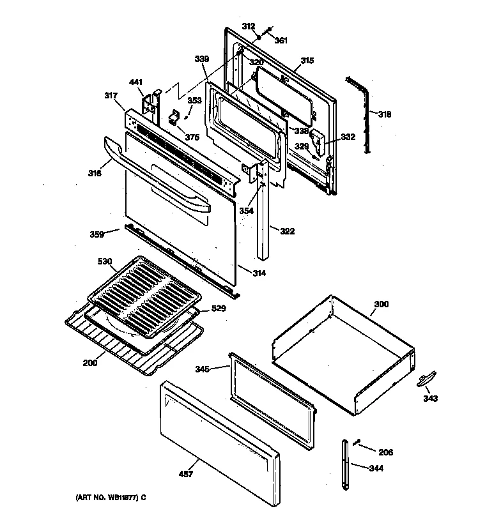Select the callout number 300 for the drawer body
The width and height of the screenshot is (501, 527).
(380, 305)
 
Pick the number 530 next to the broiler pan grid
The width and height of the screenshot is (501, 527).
(104, 262)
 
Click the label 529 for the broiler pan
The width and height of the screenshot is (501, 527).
(219, 309)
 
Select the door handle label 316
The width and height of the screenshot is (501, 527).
(94, 173)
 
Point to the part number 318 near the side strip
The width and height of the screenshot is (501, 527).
(384, 115)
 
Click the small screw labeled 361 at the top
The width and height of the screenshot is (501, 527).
(269, 29)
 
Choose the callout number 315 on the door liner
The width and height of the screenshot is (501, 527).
(307, 61)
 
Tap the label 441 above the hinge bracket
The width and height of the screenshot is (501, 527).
(136, 82)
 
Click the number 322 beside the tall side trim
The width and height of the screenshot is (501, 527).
(288, 231)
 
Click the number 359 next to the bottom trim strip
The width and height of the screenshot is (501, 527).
(96, 234)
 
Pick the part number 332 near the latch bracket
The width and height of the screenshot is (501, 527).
(347, 137)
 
